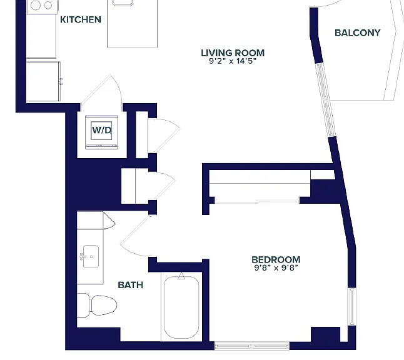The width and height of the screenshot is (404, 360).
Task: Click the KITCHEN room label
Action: (x=81, y=19)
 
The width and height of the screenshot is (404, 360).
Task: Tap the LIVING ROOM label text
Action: (x=233, y=52)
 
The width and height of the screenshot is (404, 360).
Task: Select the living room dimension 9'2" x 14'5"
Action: (x=233, y=61)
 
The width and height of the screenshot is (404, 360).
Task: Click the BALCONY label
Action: (x=357, y=32)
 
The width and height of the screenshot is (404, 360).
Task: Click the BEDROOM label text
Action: (x=276, y=259)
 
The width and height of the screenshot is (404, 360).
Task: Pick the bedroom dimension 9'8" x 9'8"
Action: (x=276, y=267)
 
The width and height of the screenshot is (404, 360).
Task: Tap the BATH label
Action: (x=130, y=285)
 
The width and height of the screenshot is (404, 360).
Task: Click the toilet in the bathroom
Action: (x=97, y=306)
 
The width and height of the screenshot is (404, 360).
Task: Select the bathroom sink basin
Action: (x=91, y=256)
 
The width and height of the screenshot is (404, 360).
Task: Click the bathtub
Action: (x=181, y=307)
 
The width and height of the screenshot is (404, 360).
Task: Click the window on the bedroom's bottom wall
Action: (x=252, y=346)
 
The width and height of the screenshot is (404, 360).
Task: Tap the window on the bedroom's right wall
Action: (x=351, y=307)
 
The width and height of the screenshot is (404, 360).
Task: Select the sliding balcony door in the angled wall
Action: (x=325, y=100)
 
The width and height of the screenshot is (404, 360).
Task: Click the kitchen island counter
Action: (x=132, y=24)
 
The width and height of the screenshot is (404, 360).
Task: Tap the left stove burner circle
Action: (x=36, y=5)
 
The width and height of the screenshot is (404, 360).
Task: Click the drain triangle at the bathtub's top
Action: (x=181, y=276)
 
